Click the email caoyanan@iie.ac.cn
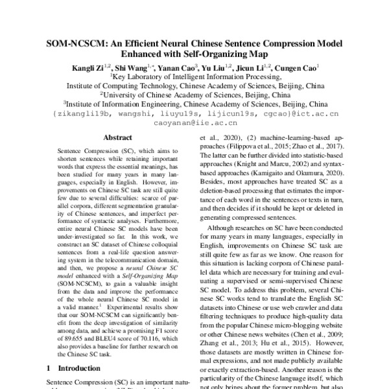[194, 123]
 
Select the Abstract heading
[117, 138]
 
